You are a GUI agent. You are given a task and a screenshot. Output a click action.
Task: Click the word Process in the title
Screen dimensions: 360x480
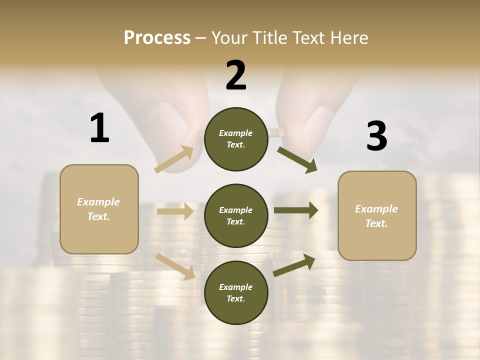pyautogui.click(x=157, y=38)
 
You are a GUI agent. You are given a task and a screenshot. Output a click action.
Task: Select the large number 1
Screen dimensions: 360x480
pyautogui.click(x=99, y=128)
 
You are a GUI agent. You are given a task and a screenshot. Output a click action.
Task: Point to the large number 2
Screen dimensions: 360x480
pyautogui.click(x=236, y=75)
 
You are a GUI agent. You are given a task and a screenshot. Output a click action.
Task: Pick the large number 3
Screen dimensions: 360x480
pyautogui.click(x=376, y=136)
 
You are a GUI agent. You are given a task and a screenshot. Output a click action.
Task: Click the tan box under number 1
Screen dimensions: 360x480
pyautogui.click(x=99, y=209)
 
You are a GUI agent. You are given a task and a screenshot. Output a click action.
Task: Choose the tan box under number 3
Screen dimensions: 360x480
pyautogui.click(x=377, y=216)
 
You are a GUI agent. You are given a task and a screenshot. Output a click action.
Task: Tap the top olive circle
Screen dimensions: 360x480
pyautogui.click(x=236, y=139)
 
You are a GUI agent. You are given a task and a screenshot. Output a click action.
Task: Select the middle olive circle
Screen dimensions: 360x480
pyautogui.click(x=236, y=216)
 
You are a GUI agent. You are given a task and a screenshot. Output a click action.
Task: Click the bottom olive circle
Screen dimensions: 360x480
pyautogui.click(x=236, y=293)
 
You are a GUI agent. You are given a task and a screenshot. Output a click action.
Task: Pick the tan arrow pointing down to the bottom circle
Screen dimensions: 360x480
pyautogui.click(x=175, y=266)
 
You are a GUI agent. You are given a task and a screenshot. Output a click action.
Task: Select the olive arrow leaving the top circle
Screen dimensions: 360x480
pyautogui.click(x=297, y=159)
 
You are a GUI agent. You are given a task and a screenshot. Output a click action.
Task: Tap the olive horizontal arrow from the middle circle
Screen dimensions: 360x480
pyautogui.click(x=295, y=210)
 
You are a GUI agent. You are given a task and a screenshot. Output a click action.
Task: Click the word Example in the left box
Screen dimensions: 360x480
pyautogui.click(x=98, y=202)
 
